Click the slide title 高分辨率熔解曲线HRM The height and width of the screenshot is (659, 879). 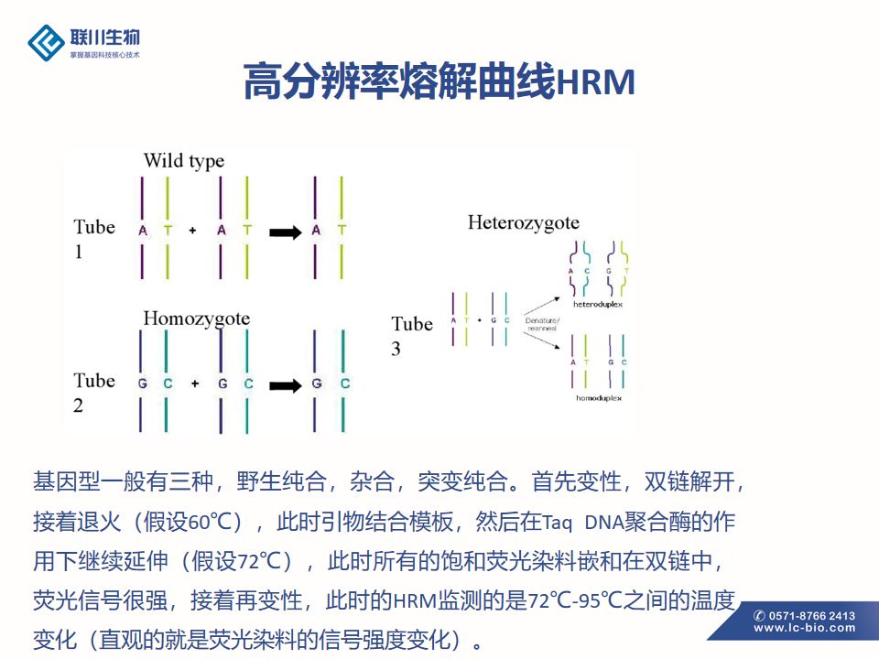pos(439,82)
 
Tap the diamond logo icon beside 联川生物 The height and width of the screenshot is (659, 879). pos(46,42)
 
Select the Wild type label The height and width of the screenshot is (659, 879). pos(183,161)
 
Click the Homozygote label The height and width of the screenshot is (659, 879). pos(196,319)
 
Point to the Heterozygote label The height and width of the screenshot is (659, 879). pos(523,222)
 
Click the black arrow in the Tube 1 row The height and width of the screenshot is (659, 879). pos(285,232)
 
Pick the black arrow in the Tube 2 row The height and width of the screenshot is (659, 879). pos(285,384)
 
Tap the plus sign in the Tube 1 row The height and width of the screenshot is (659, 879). pos(192,231)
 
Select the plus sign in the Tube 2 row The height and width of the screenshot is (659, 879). pos(194,384)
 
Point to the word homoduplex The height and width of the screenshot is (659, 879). pos(601,399)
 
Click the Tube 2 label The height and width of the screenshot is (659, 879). pos(94,392)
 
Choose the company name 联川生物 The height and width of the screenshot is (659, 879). pos(105,38)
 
